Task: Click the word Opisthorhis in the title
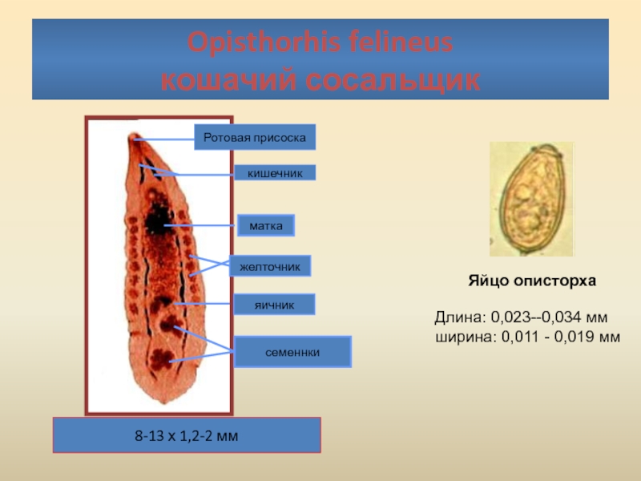[x=264, y=42]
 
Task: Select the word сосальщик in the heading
[x=393, y=79]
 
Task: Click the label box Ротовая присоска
[x=255, y=137]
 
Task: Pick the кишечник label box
[x=275, y=172]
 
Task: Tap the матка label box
[x=266, y=225]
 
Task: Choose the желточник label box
[x=270, y=266]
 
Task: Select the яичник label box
[x=274, y=305]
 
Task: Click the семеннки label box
[x=292, y=352]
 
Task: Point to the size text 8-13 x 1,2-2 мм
[x=187, y=435]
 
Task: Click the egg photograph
[x=532, y=199]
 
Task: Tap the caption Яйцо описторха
[x=532, y=281]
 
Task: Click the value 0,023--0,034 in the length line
[x=536, y=317]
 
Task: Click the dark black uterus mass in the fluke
[x=158, y=220]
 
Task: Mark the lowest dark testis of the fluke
[x=161, y=358]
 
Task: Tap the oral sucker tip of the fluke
[x=133, y=136]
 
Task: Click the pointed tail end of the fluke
[x=165, y=402]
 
